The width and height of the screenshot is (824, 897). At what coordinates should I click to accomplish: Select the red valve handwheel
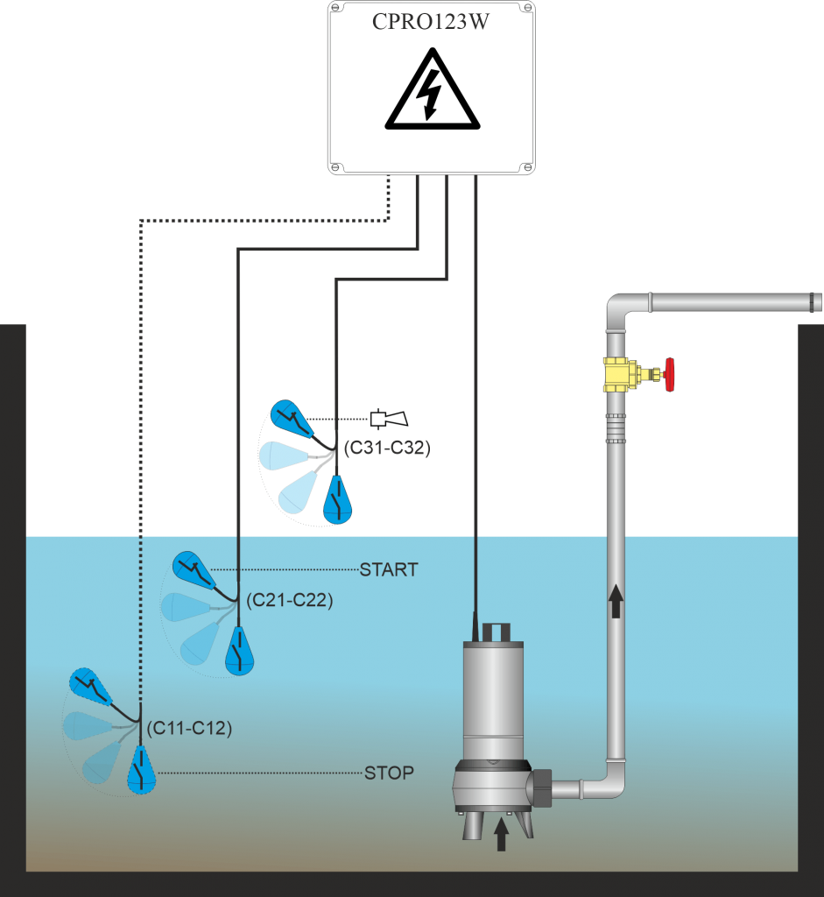[672, 374]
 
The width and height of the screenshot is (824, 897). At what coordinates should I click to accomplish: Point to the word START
[389, 570]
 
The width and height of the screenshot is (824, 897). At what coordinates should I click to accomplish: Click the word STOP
[389, 773]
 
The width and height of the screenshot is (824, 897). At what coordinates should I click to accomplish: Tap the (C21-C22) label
[289, 601]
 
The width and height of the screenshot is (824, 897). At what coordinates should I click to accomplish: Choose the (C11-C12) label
[189, 728]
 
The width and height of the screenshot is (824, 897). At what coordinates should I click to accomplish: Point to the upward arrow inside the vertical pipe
[616, 603]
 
